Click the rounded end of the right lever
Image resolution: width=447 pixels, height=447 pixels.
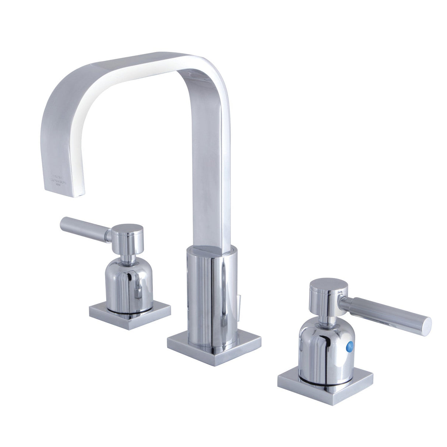coord(427,324)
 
